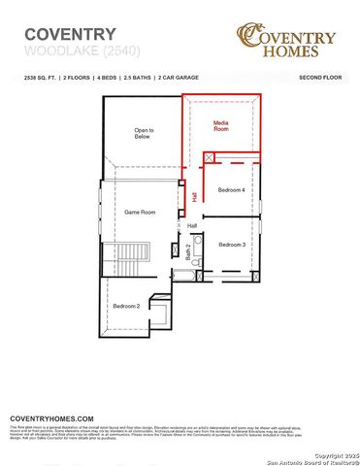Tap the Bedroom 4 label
[x=232, y=189]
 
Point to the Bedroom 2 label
[x=126, y=306]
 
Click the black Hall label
[x=192, y=225]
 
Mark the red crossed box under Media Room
[x=209, y=156]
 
